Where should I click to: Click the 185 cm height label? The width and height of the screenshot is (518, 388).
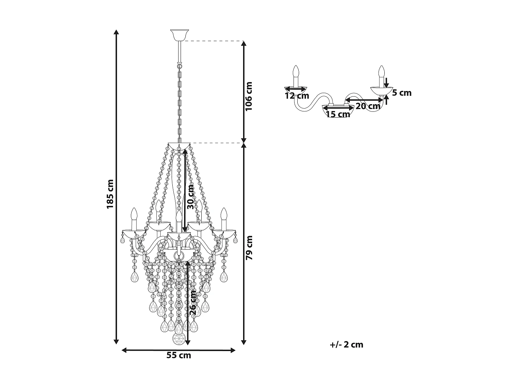point(110,194)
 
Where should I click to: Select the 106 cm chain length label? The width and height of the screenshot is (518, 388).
point(249,96)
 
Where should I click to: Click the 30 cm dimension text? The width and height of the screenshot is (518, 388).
point(190,197)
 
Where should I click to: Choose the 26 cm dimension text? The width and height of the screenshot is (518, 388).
point(193,302)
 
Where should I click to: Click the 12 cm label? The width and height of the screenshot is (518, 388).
point(297,96)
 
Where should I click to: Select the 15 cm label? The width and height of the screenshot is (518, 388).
point(338,114)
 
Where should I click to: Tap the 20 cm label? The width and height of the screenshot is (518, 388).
point(368,106)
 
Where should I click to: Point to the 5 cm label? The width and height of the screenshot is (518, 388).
point(402,93)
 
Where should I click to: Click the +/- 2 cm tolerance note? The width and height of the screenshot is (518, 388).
point(346,345)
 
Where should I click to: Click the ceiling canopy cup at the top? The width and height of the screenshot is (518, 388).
point(180,34)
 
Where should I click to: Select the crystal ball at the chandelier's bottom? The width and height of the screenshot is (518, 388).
point(179,339)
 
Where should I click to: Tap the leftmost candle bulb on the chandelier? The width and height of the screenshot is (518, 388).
point(134,214)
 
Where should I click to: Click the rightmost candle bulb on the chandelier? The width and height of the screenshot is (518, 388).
point(224,214)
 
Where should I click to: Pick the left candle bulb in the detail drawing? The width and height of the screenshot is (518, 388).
point(296,71)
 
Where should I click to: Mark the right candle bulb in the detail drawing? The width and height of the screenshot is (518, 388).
point(381,71)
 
